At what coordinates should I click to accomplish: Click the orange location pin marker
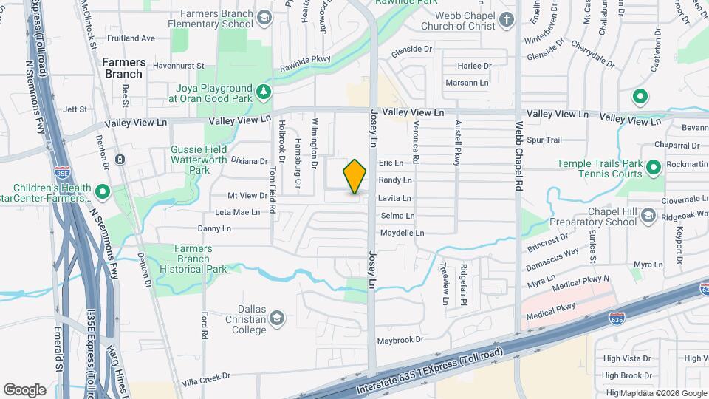[355, 177]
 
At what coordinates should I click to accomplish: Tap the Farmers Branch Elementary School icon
[264, 16]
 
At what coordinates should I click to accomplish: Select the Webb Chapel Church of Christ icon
[506, 19]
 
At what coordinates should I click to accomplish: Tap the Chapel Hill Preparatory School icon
[648, 216]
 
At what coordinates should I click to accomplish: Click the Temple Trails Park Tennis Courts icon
[653, 168]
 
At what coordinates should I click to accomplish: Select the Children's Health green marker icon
[102, 193]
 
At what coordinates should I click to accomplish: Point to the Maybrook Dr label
[400, 341]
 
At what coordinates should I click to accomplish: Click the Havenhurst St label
[178, 64]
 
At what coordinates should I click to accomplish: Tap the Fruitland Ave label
[131, 38]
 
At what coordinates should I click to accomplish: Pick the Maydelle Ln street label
[402, 233]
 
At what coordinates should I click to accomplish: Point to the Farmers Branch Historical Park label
[200, 259]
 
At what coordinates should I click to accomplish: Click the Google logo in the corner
[24, 389]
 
